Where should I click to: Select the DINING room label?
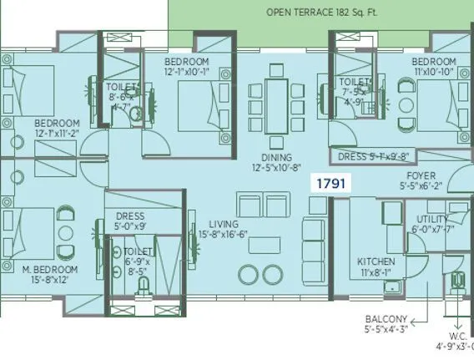(276, 157)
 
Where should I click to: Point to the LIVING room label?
(224, 226)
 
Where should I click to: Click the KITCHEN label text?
(376, 261)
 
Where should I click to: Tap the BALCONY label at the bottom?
(386, 319)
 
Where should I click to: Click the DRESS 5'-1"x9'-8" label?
(371, 155)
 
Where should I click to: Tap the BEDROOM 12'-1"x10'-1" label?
(186, 68)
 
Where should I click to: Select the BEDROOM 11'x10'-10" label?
(433, 68)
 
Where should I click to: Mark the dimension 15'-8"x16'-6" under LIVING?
(224, 236)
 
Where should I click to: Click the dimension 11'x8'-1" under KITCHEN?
(376, 271)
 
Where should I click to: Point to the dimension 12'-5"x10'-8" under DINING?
(276, 168)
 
